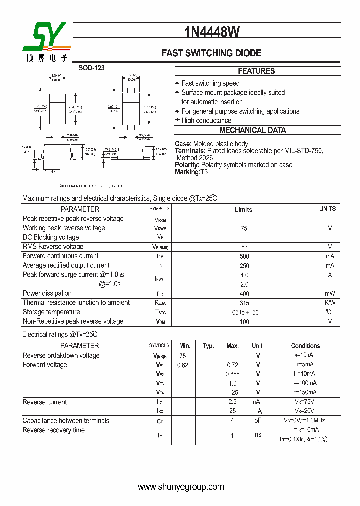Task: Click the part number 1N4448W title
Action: (211, 32)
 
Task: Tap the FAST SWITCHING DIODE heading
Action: (211, 53)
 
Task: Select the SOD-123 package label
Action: (92, 68)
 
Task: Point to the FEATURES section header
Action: (256, 71)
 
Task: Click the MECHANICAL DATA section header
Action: (253, 130)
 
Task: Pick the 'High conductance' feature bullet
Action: (206, 120)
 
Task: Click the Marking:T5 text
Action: (191, 172)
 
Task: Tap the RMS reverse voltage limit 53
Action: (244, 247)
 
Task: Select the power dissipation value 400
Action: (244, 294)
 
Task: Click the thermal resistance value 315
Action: (244, 303)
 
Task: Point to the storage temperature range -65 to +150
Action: (244, 313)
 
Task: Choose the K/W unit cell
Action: (330, 303)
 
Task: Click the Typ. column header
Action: (208, 346)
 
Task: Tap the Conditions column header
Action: (305, 346)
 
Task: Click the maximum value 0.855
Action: (232, 374)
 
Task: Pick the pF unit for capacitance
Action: (258, 421)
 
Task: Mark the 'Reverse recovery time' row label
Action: (54, 430)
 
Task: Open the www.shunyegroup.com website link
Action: (180, 487)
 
